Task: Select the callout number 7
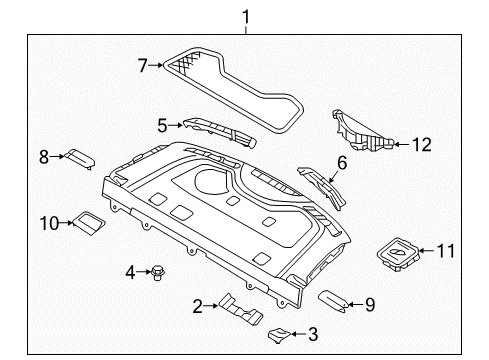(x=143, y=66)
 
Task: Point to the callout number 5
(x=162, y=126)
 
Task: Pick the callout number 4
(x=130, y=271)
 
